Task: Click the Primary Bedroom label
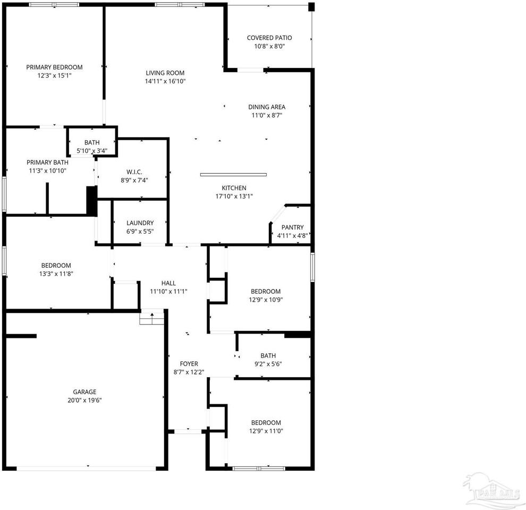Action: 55,67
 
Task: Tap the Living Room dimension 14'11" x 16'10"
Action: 165,81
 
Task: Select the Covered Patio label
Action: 269,38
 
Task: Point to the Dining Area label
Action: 267,107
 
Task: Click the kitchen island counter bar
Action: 233,174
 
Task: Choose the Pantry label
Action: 292,227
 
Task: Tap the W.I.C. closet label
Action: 134,172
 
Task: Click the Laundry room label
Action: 140,223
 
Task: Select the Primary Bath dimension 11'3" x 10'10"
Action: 47,171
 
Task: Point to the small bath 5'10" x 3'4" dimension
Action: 92,151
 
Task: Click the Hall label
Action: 169,283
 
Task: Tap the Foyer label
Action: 189,364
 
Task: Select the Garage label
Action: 85,392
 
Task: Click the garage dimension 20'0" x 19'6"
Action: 85,401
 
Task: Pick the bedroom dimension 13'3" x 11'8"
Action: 56,274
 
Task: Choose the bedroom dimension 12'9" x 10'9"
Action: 266,300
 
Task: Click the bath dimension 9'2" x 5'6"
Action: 268,364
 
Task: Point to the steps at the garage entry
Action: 152,318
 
